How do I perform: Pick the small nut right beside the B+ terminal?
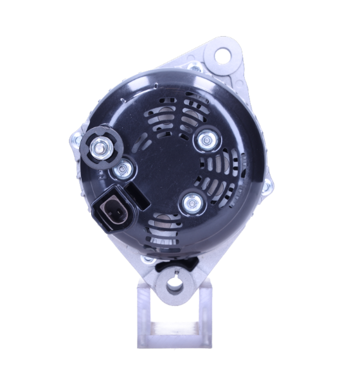[x=122, y=170]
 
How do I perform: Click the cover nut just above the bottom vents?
[x=190, y=203]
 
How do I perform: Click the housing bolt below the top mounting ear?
[x=195, y=67]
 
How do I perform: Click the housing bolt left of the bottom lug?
[x=148, y=261]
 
